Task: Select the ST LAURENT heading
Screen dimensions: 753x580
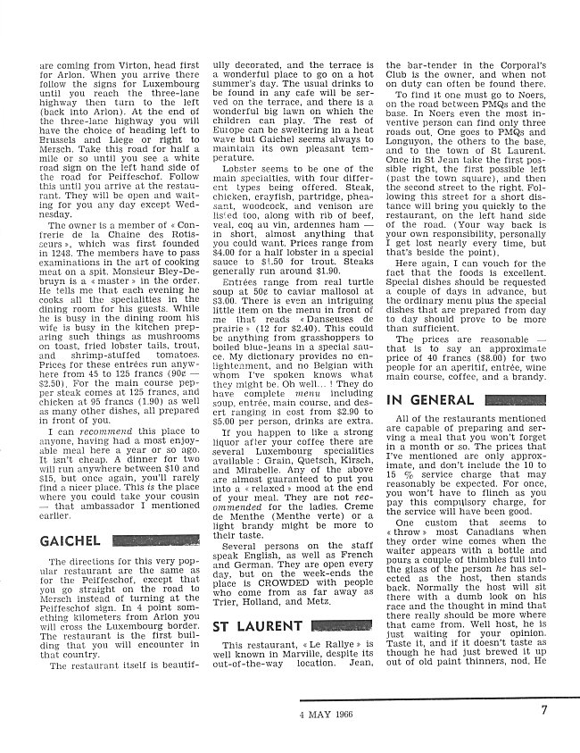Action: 257,626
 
